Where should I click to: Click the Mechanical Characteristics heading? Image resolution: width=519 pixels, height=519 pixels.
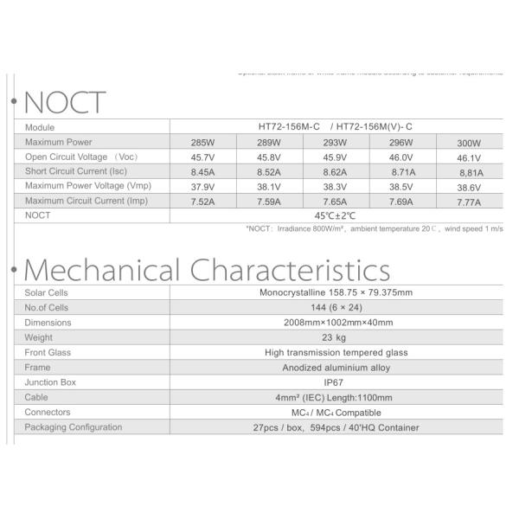202,269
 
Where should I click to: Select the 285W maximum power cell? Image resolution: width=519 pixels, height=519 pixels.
209,142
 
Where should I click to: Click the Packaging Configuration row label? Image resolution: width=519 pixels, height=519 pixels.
74,427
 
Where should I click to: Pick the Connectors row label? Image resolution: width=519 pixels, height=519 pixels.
48,413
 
